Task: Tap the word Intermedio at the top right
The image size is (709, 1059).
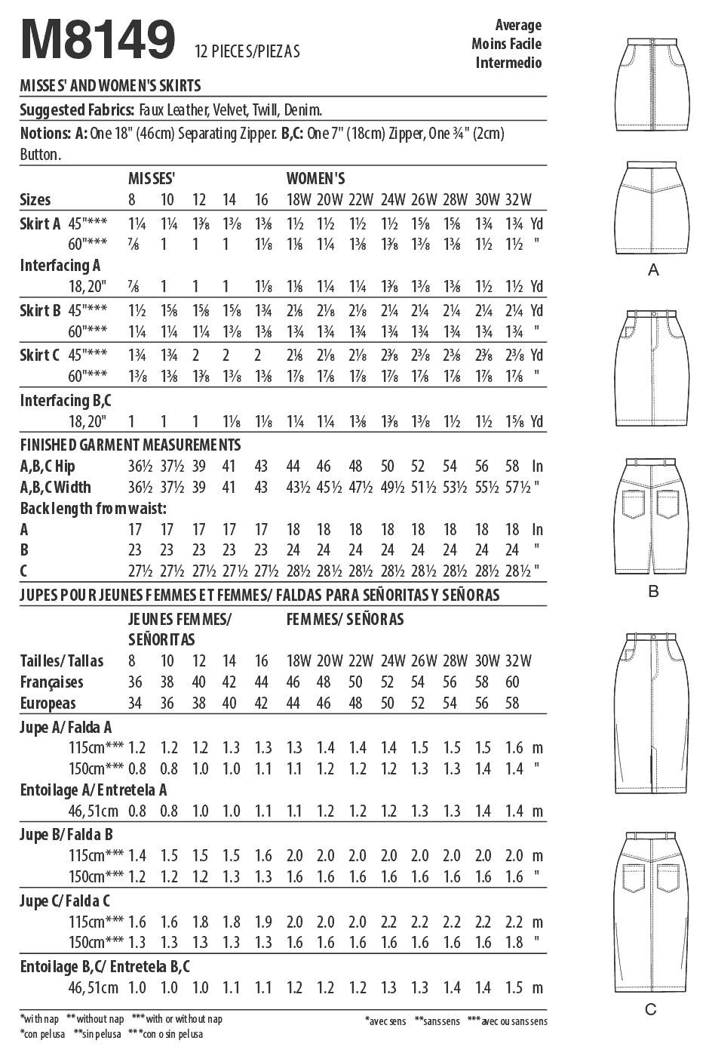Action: [x=508, y=63]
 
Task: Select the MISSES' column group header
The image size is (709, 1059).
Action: [x=152, y=179]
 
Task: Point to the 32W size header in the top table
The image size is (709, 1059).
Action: [x=518, y=200]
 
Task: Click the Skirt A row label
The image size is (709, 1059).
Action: [x=40, y=224]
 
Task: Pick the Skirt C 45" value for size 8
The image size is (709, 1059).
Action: [x=137, y=356]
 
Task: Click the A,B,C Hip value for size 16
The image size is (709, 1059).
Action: [x=261, y=466]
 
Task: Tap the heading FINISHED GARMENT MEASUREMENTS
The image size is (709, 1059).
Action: [x=130, y=445]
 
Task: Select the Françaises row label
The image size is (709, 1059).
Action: [x=51, y=682]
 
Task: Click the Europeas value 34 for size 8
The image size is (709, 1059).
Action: [x=135, y=703]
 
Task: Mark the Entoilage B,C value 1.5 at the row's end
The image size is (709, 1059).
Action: [x=514, y=988]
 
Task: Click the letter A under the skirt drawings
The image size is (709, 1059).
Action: [x=653, y=269]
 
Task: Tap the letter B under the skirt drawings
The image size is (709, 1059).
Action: [x=653, y=591]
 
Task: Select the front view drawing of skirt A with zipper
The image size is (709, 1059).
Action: [x=653, y=83]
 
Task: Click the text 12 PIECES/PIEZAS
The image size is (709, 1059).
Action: [x=247, y=51]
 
